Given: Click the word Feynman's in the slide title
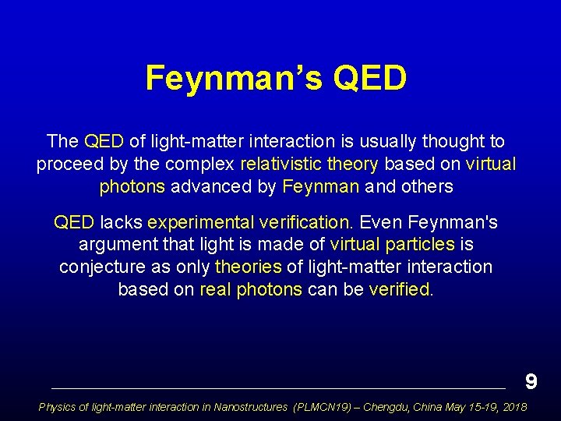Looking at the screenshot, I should [231, 79].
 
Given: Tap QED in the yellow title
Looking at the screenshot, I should [369, 79].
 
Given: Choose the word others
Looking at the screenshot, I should [428, 187].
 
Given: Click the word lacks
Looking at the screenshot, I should [122, 222].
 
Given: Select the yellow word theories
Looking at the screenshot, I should [248, 267].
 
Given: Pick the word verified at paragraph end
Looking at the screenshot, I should [400, 290].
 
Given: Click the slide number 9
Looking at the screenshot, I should [531, 381].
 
